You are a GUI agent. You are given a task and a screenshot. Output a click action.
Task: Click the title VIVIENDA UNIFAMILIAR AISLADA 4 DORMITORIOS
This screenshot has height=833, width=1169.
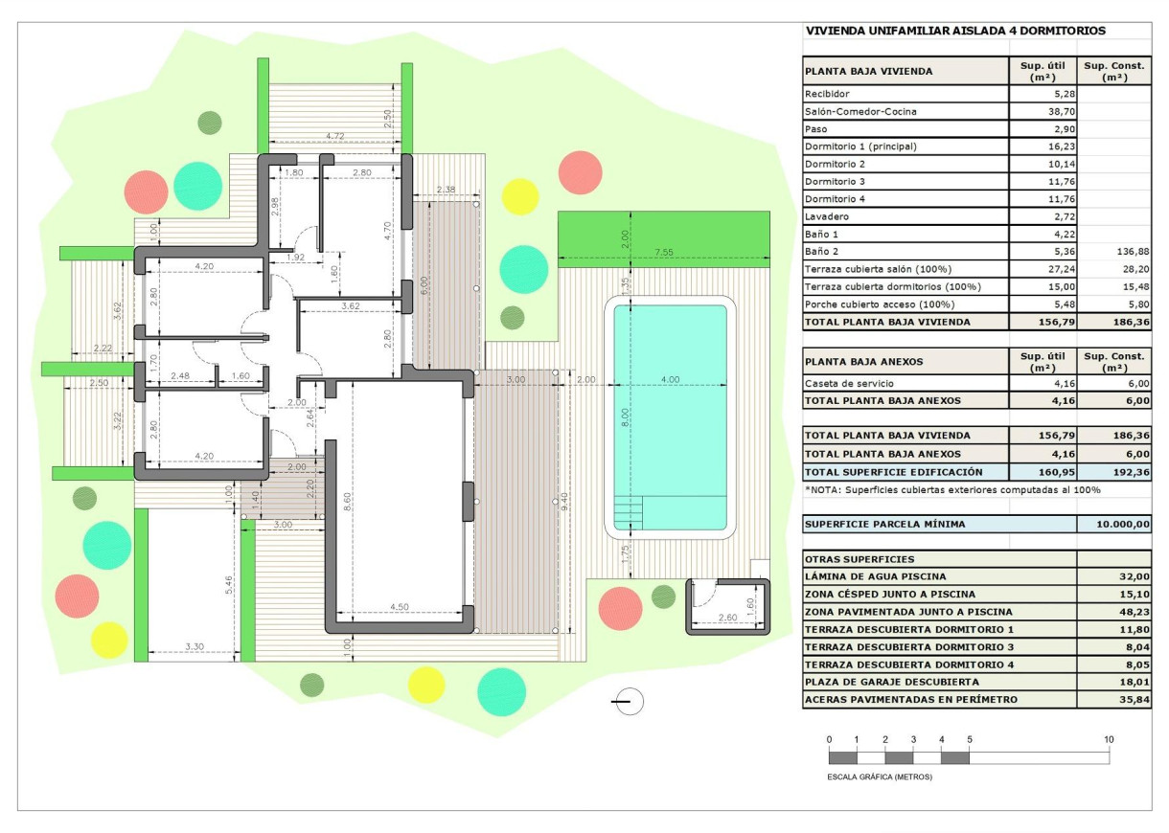tap(955, 31)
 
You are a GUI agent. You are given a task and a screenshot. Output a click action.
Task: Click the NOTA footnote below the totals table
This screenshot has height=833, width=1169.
tap(952, 490)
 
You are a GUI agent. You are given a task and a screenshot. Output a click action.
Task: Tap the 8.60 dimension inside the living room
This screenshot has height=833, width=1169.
tap(346, 500)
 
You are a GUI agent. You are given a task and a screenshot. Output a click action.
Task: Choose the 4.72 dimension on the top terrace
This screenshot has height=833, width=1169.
tap(334, 137)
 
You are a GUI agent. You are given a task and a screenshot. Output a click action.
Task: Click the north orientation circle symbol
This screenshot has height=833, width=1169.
tap(630, 702)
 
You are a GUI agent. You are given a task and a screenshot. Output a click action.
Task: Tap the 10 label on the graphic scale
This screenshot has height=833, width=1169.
tap(1109, 739)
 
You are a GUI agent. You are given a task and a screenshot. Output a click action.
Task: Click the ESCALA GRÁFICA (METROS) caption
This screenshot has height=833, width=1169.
tap(879, 777)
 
